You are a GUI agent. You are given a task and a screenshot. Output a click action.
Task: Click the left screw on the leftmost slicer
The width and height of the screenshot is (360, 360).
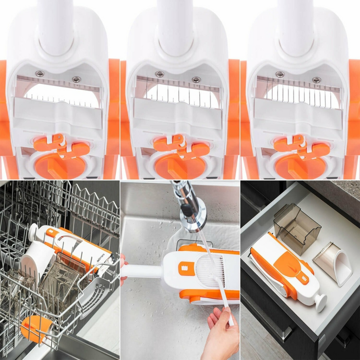[x=40, y=73]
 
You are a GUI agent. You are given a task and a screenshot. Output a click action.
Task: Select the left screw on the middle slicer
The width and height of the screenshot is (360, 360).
[x=160, y=74]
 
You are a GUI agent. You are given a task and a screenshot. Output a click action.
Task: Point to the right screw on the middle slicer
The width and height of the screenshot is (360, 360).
[x=196, y=80]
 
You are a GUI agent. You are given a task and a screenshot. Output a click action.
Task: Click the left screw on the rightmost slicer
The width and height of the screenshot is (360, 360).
[x=280, y=74]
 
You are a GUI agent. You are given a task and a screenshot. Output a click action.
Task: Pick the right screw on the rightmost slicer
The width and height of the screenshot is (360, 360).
[x=316, y=80]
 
